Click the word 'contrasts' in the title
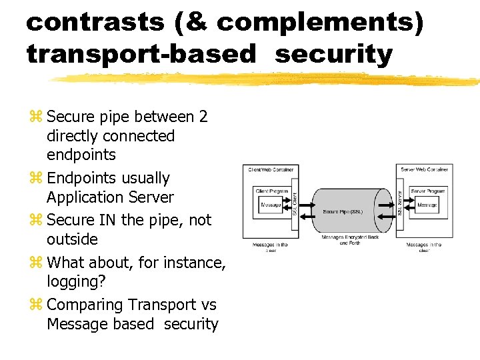coord(95,23)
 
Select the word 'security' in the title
coord(333,55)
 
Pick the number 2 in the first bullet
coord(203,117)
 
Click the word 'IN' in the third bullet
coord(107,220)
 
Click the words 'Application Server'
coord(110,197)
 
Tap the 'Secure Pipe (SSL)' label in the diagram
coord(343,211)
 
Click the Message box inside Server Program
coord(427,205)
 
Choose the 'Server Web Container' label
coord(425,170)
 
